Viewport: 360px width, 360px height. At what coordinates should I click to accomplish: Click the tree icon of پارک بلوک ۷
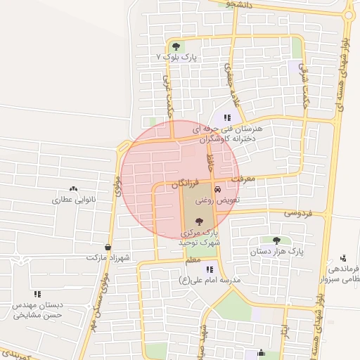176,46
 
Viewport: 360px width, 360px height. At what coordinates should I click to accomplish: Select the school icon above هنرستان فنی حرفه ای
226,118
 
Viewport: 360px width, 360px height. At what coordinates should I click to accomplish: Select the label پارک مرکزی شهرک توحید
199,236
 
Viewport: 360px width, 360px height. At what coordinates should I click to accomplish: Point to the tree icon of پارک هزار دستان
276,240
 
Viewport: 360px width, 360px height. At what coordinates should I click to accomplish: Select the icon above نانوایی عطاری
73,189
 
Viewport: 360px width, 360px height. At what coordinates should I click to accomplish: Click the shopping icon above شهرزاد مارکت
107,247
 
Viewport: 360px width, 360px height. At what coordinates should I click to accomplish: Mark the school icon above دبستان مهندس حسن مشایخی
37,295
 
